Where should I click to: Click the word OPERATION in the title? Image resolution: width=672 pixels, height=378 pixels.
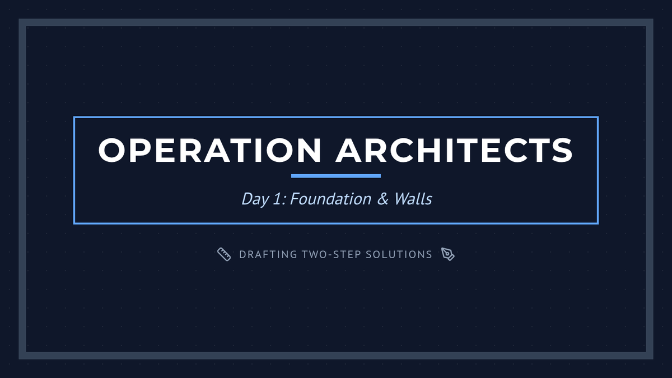point(209,150)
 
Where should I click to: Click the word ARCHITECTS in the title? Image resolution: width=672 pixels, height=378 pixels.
point(454,150)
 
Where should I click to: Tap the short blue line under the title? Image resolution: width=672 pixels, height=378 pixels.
point(336,176)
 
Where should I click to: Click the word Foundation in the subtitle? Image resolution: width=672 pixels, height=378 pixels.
point(330,199)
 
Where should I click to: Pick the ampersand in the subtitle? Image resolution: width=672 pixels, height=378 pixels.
point(382,199)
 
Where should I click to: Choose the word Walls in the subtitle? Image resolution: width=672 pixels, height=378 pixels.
point(413,199)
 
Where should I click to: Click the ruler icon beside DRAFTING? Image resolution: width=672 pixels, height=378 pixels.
point(224,254)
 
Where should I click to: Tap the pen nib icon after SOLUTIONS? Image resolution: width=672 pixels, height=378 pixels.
point(448,254)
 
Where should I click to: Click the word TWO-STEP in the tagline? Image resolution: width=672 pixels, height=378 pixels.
point(331,255)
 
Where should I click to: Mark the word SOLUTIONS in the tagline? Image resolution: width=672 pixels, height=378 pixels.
point(399,255)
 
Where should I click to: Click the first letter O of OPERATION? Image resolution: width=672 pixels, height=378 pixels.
point(111,150)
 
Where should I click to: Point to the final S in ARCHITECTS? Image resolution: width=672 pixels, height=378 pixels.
point(562,150)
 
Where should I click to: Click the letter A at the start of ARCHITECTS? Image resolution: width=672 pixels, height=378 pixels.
point(348,150)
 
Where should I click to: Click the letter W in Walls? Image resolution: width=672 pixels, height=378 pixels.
point(403,199)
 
